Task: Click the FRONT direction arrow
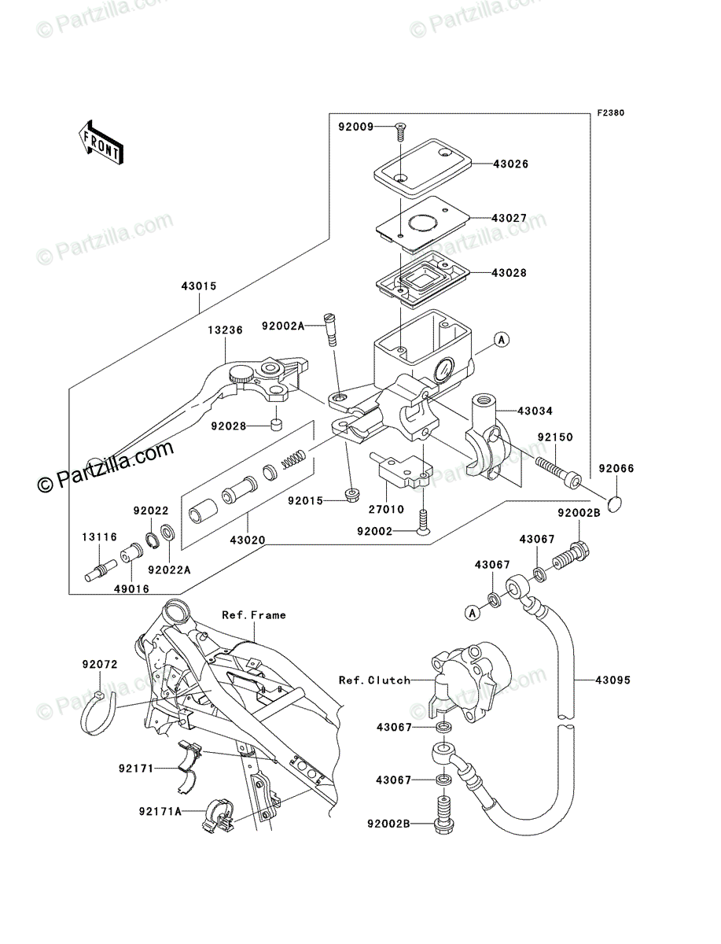[x=101, y=142]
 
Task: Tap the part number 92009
[x=355, y=127]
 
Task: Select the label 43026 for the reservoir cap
[x=510, y=164]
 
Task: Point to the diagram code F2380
[x=611, y=113]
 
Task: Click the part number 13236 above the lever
[x=225, y=330]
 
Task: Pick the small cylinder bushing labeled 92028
[x=277, y=425]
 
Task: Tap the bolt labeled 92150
[x=558, y=472]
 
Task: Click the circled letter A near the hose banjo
[x=473, y=612]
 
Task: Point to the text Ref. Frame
[x=254, y=615]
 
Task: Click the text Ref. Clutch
[x=375, y=680]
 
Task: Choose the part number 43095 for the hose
[x=612, y=680]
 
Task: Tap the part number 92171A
[x=160, y=811]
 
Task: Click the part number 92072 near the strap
[x=100, y=665]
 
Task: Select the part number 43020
[x=248, y=540]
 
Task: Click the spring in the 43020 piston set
[x=293, y=459]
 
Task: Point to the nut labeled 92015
[x=352, y=496]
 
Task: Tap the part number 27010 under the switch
[x=386, y=509]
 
